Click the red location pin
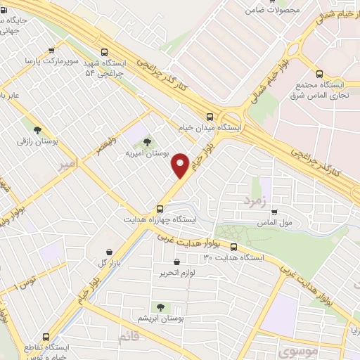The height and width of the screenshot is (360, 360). pos(181,164)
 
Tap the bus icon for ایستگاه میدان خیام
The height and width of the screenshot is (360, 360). pos(210,117)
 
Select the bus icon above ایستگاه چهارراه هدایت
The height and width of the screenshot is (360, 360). pos(160,208)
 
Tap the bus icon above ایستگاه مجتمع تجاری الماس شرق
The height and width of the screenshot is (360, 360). pos(320,73)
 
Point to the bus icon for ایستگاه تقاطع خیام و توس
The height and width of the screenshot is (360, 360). pos(46,337)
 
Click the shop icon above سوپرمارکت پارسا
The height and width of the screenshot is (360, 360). pos(51,51)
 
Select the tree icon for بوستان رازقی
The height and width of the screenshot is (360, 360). pos(37,129)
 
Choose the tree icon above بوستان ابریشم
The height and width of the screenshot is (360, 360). pos(160,307)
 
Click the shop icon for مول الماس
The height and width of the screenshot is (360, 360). pos(274,212)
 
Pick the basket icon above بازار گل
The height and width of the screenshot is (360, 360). pos(108,252)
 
